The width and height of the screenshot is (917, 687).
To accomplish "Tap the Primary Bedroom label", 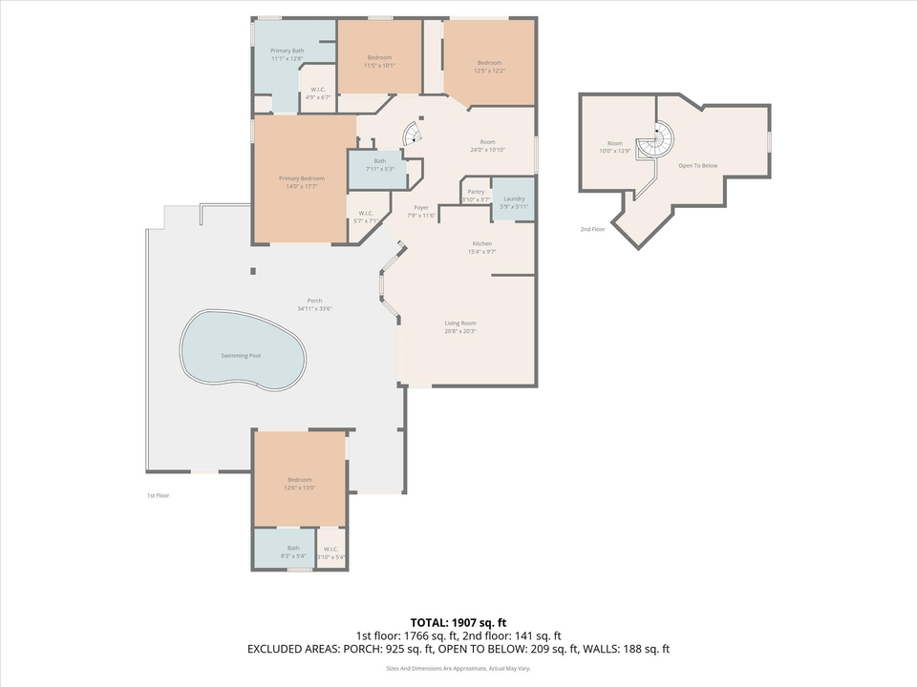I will click(x=301, y=178).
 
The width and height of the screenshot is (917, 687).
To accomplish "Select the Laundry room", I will click(x=514, y=199).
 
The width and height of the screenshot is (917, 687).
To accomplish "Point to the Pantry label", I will click(x=476, y=192).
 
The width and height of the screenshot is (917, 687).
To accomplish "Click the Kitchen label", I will click(x=480, y=244).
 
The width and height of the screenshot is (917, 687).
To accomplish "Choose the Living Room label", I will click(x=459, y=323).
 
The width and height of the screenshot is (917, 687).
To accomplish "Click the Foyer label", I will click(x=420, y=208).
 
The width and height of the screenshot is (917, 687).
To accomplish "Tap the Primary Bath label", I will click(x=287, y=51).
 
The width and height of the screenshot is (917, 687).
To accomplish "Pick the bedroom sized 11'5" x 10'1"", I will click(x=379, y=58).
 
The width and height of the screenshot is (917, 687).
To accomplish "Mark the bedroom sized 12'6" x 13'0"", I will click(x=300, y=480).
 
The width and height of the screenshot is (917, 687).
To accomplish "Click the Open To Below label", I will click(x=697, y=166).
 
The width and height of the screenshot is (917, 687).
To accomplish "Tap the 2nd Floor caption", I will click(x=592, y=230).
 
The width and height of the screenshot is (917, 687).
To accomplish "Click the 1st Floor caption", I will click(x=159, y=496).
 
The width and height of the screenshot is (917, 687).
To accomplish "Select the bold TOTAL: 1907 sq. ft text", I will click(x=458, y=621).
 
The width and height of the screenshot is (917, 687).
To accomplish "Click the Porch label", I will click(x=314, y=302).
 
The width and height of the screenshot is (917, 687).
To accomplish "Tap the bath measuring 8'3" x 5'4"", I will click(x=293, y=549).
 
